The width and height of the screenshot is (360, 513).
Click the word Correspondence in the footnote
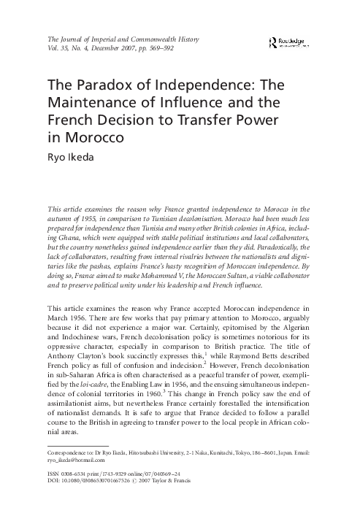click(69, 452)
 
